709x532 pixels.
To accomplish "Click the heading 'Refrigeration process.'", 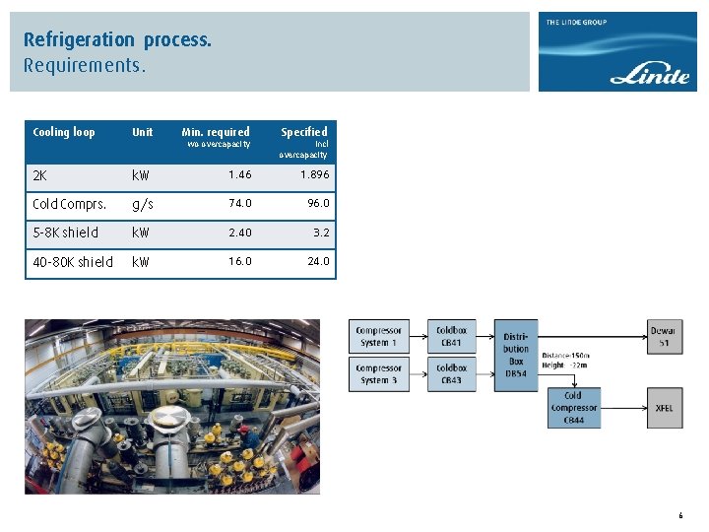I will (118, 40).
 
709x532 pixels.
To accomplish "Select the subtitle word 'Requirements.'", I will (85, 67).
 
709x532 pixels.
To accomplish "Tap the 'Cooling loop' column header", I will (64, 132).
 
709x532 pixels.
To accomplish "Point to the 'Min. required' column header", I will (216, 132).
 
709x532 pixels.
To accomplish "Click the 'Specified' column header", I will (303, 132).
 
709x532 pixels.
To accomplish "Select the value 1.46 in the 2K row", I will (239, 174).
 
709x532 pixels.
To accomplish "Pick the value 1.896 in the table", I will (314, 174).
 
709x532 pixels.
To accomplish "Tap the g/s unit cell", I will (143, 204).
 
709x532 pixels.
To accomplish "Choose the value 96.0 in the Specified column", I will (318, 203).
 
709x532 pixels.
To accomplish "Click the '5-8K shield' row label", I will (65, 233).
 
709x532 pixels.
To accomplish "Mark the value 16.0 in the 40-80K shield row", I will (239, 261).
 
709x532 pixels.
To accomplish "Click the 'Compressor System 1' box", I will (379, 336).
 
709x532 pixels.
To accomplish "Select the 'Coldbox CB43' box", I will (451, 374).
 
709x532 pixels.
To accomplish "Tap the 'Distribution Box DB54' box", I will (516, 348).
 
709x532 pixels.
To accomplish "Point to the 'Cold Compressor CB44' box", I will (573, 408).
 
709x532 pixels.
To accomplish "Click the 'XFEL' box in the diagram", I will (664, 407).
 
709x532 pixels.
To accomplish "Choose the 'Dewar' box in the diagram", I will (664, 336).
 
